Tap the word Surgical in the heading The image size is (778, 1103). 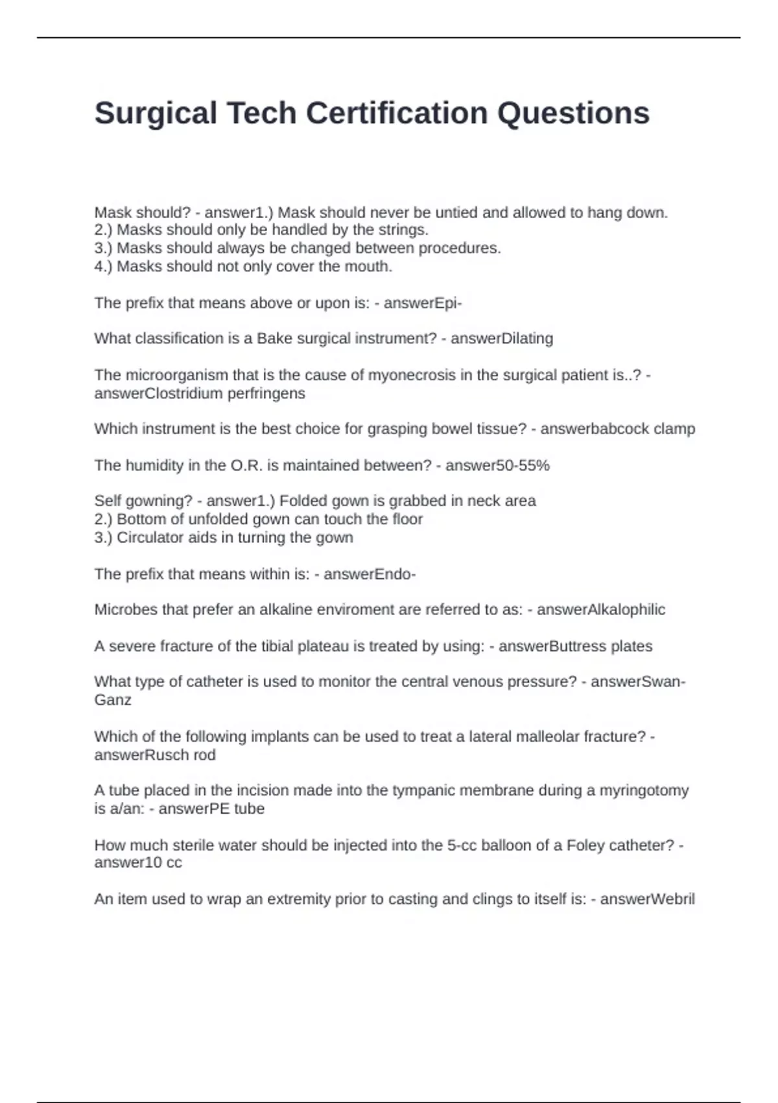(x=156, y=114)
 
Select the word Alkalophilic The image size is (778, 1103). (x=626, y=610)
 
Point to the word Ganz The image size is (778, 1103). (x=113, y=700)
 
